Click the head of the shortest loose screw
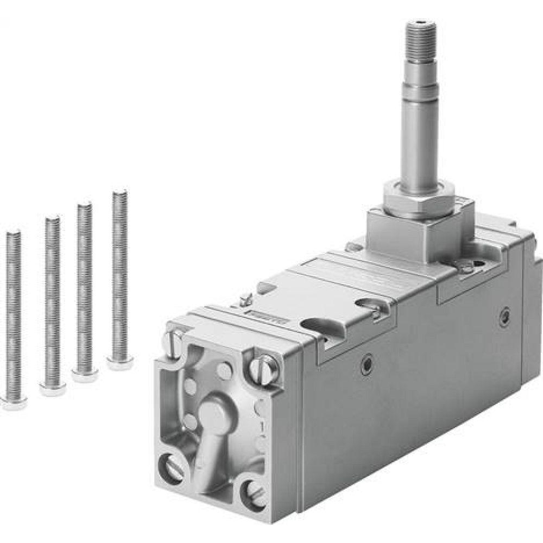[14, 401]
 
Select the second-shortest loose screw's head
[53, 387]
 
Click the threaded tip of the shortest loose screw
[14, 234]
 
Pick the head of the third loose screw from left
[85, 375]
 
